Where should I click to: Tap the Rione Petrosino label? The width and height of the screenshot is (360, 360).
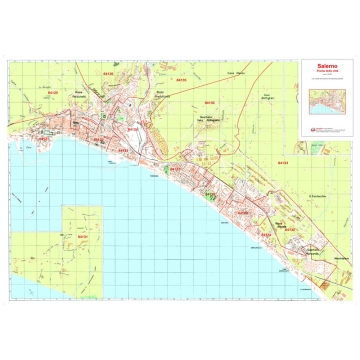(x=78, y=93)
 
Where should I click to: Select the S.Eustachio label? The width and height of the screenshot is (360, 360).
(x=320, y=196)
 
